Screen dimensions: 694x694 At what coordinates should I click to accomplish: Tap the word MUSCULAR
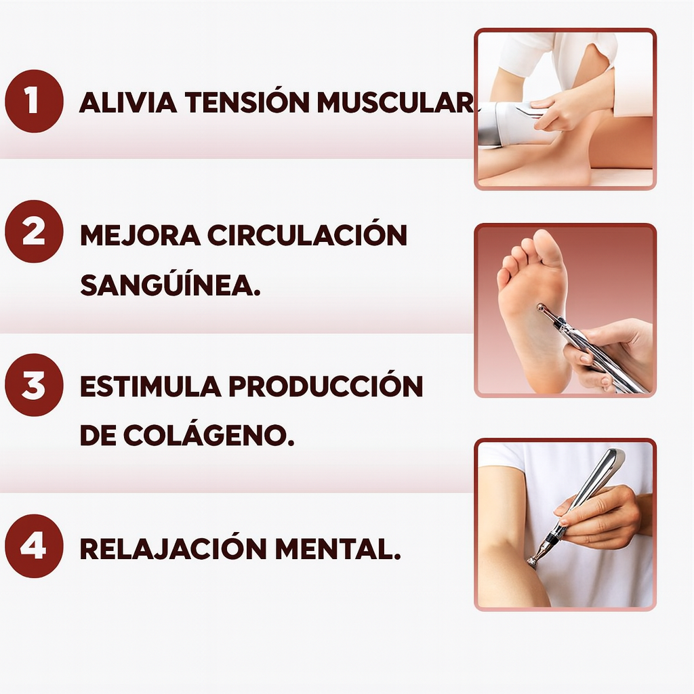tap(396, 102)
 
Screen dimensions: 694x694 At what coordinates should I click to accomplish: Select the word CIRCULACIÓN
tap(307, 235)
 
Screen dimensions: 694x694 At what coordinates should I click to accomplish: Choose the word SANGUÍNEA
tap(170, 285)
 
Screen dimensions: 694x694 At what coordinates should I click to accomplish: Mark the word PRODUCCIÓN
tap(325, 386)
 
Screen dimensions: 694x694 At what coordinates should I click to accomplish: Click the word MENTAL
tap(338, 548)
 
